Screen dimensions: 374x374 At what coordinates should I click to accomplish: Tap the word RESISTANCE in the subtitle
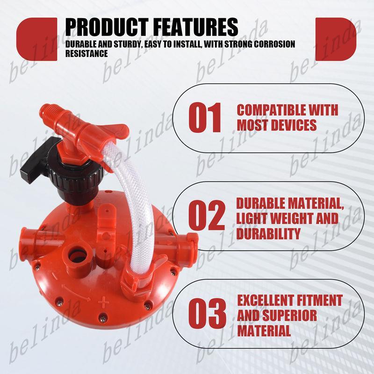click(86, 53)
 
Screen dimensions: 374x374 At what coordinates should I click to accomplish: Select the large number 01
click(205, 118)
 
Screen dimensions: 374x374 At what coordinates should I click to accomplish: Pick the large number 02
click(207, 216)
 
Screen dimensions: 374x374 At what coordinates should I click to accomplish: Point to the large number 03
click(207, 313)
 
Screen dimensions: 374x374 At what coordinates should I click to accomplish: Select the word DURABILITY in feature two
click(268, 233)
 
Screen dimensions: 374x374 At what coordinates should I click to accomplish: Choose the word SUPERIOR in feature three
click(290, 315)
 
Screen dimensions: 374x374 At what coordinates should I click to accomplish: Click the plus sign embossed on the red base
click(103, 302)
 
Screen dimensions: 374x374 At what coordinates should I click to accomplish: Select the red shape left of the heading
click(37, 39)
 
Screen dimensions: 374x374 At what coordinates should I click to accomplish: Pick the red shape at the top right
click(336, 39)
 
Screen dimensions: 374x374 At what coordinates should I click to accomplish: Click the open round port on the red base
click(76, 257)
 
